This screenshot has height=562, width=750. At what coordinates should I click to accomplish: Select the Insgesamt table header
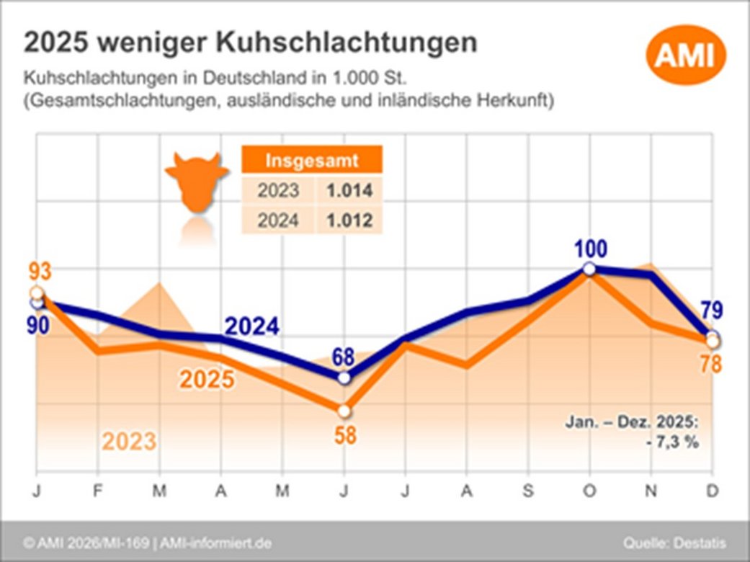pos(311,159)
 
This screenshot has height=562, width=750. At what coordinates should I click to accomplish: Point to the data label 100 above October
pos(590,249)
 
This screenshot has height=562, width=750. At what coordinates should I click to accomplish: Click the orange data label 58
pos(345,436)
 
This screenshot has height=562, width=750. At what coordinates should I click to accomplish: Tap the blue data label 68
pos(344,356)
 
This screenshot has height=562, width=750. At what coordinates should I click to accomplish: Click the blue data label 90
pos(37,326)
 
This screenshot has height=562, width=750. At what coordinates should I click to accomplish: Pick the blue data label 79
pos(712,312)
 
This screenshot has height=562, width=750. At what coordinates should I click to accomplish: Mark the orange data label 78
pos(711,364)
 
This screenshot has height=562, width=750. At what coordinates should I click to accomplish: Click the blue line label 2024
pos(251,327)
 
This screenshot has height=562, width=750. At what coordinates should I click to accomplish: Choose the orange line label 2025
pos(207,380)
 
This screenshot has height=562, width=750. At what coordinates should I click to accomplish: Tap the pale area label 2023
pos(129,441)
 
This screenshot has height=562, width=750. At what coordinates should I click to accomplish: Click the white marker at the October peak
pos(589,269)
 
